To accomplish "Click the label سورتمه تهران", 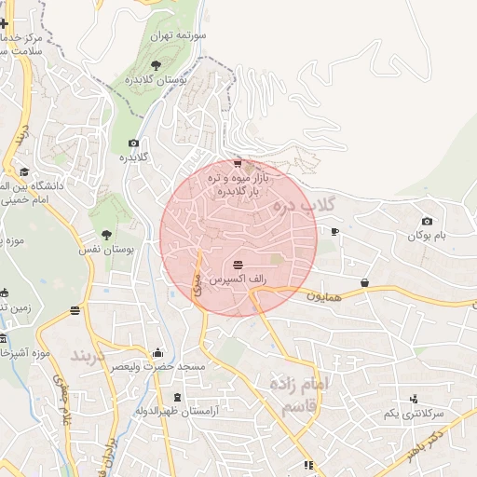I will coord(184,35).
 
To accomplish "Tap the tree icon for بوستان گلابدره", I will coord(156,64).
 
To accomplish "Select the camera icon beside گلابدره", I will coord(134,143).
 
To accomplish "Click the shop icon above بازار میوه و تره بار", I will coord(238,163).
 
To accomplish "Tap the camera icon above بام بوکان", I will coord(427,221).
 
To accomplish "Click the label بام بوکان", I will coord(426,236).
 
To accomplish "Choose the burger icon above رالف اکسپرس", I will coord(238,265).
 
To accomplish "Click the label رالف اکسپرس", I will coord(238,279).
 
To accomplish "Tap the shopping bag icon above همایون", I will coord(364,281).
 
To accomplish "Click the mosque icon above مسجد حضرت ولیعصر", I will coord(157,352).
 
